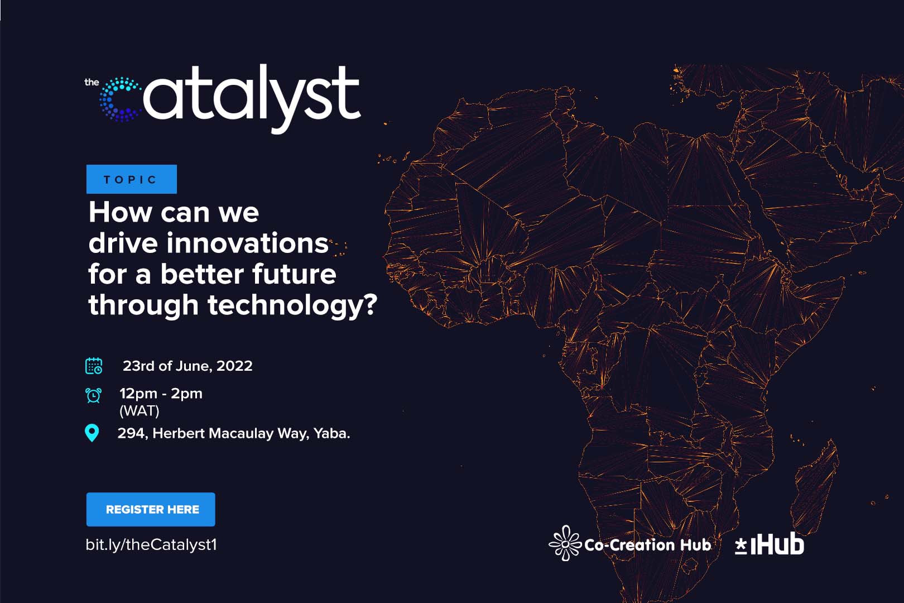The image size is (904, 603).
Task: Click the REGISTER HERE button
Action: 151,509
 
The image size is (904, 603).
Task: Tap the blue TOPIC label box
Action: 132,179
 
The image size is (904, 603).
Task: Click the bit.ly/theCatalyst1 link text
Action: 151,544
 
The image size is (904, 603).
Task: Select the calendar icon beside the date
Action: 94,366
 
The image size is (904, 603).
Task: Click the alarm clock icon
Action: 93,395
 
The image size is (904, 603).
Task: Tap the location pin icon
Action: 92,433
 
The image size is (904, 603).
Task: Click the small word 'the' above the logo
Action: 92,82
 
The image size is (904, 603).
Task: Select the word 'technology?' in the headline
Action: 292,305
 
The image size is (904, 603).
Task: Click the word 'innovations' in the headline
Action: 248,243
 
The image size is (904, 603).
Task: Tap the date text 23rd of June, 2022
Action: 187,366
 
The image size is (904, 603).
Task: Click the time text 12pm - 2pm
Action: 161,393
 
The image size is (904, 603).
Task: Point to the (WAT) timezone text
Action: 140,411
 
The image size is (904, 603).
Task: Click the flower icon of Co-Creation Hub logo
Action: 565,543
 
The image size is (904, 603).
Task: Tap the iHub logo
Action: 770,544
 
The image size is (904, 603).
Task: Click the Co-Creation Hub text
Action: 647,545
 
